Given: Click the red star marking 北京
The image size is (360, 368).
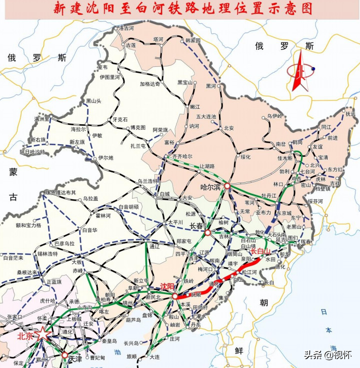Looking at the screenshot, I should (x=43, y=335).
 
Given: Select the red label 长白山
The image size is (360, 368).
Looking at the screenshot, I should (x=260, y=251).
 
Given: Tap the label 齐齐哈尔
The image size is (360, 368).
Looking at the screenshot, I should (x=182, y=156).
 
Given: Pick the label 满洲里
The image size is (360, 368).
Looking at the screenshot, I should (x=42, y=119).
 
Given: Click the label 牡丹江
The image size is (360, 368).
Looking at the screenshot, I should (x=269, y=195).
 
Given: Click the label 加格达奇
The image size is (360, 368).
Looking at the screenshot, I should (x=150, y=84).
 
